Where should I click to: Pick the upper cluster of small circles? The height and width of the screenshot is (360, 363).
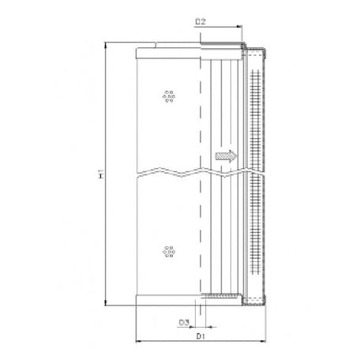pos(167,96)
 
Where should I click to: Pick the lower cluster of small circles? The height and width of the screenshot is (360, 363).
pos(167,251)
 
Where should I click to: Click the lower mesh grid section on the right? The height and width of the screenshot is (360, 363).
pos(253,229)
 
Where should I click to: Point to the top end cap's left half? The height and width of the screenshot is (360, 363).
pos(169,54)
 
